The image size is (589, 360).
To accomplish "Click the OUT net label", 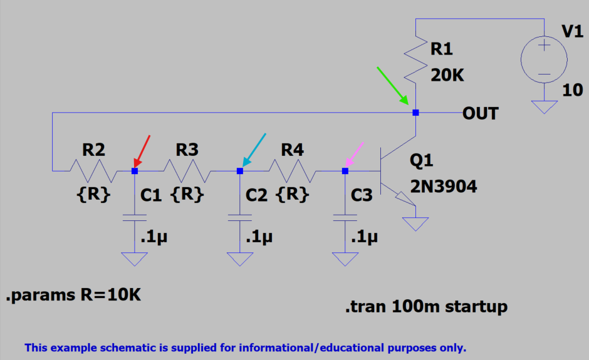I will [x=481, y=113].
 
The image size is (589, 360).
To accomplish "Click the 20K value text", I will [x=447, y=75].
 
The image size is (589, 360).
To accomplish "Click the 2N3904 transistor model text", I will [x=444, y=186].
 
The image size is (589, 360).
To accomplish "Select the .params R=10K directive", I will [x=73, y=296].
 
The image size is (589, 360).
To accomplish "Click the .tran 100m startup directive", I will [x=426, y=307].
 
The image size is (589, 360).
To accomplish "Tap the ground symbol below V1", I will [x=544, y=107].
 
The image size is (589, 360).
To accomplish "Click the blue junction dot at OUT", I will [x=415, y=113].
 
